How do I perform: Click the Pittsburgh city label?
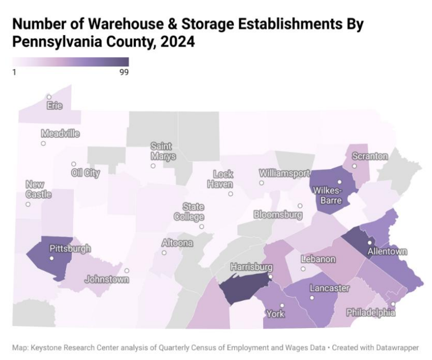[70, 248]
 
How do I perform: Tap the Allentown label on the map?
[387, 252]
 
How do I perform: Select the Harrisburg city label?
[252, 267]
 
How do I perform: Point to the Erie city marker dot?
[49, 97]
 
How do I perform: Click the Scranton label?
[370, 156]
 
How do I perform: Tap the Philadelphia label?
[371, 312]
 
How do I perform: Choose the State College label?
[193, 212]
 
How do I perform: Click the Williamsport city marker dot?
[262, 183]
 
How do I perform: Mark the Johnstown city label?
[107, 279]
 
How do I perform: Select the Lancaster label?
[329, 288]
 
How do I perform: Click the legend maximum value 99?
[124, 73]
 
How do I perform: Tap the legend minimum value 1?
[14, 73]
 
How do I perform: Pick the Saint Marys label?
[163, 151]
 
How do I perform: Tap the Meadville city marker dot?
[43, 143]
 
